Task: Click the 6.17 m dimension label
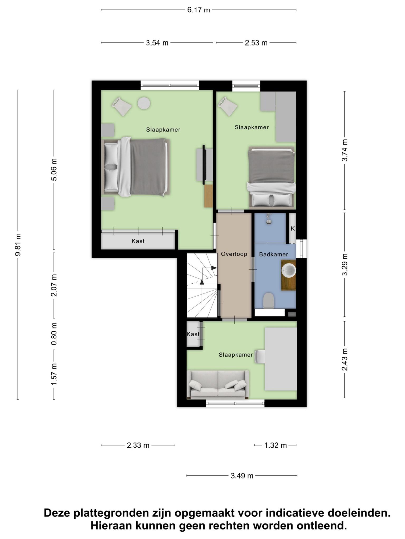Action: [199, 10]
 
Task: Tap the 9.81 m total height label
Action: [18, 244]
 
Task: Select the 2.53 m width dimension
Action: [256, 43]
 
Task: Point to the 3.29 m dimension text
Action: [345, 264]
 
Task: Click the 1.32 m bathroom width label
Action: [276, 445]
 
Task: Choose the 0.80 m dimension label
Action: [54, 334]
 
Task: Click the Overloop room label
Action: [234, 254]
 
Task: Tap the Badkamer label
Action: [273, 254]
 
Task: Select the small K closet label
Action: [292, 229]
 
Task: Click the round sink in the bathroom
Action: [289, 270]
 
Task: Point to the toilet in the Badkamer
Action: [269, 300]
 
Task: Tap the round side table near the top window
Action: [144, 103]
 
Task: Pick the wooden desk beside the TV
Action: [208, 196]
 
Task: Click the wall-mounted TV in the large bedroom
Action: [204, 165]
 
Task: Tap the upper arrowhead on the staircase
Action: [214, 268]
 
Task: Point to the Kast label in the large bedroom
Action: [138, 241]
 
